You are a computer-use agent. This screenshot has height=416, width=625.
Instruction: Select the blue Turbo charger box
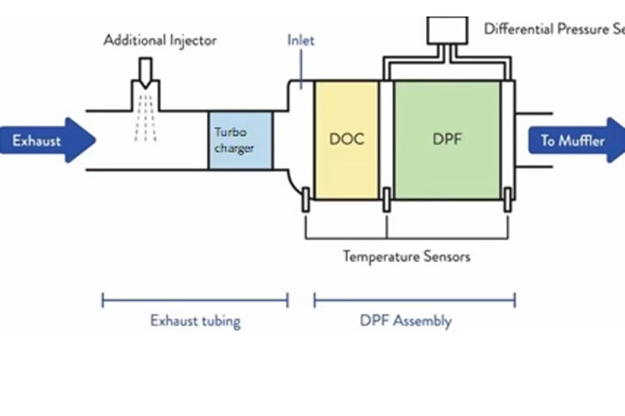240,141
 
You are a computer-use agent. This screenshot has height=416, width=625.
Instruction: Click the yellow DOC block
347,139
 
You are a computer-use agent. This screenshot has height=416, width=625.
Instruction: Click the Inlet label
301,40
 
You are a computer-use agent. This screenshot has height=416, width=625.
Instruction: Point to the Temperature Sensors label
407,256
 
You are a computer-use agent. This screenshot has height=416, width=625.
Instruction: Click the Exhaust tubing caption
195,321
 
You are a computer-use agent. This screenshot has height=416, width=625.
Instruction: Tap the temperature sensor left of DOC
306,200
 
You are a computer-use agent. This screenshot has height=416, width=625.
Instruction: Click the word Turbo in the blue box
230,132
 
